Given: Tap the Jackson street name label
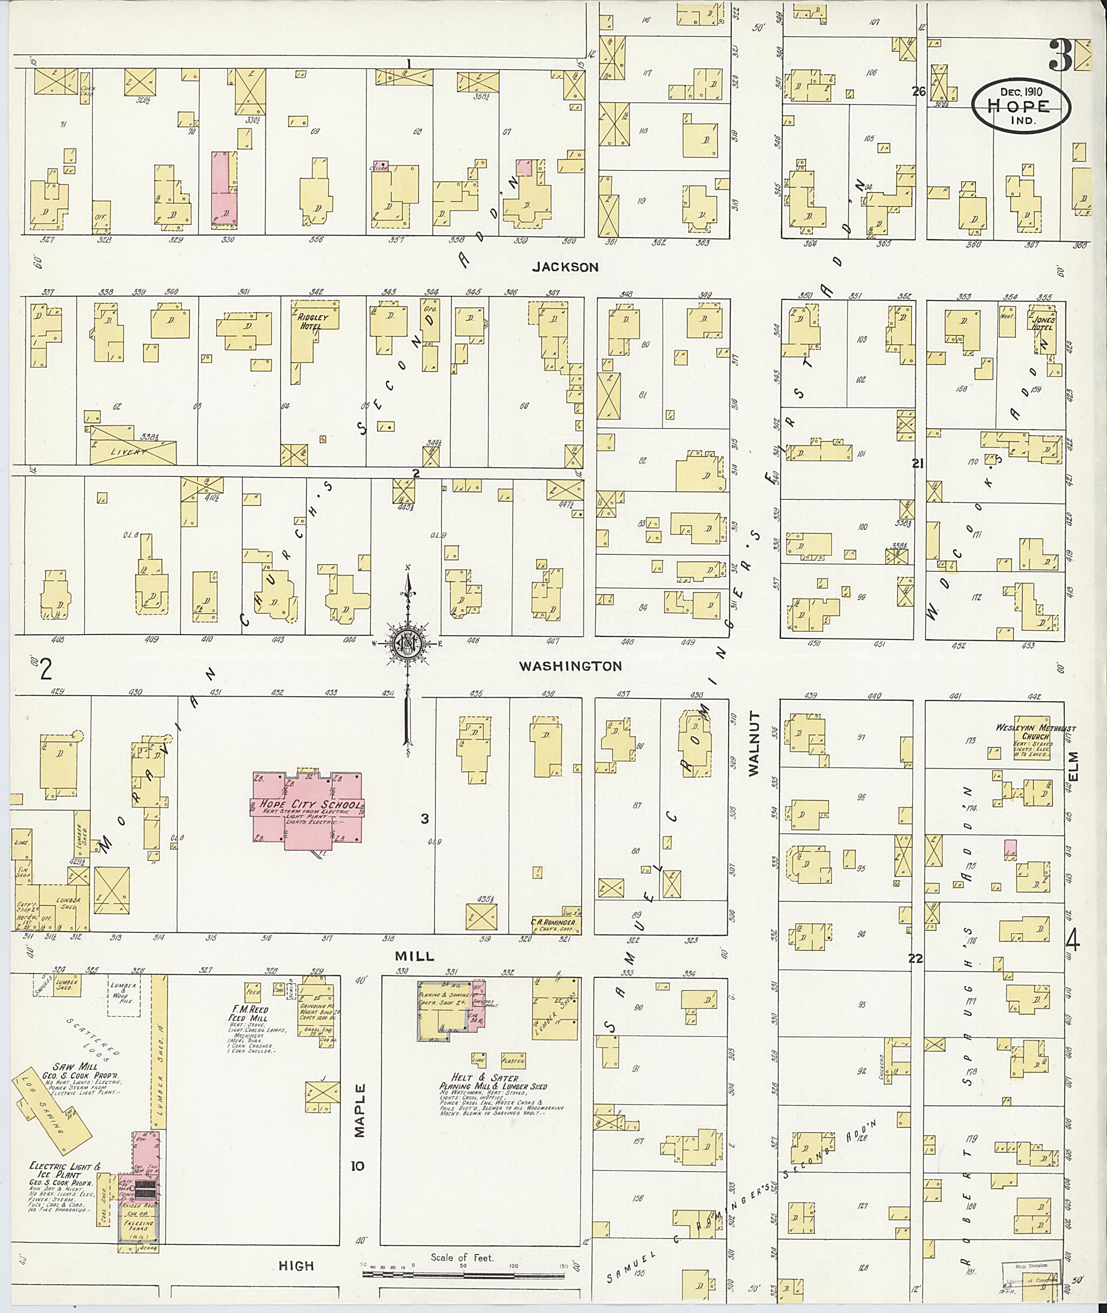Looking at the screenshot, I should tap(565, 266).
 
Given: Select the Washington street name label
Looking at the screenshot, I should tap(570, 666).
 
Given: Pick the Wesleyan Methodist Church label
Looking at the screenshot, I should tap(1036, 732).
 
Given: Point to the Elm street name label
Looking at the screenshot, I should tap(1072, 767).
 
